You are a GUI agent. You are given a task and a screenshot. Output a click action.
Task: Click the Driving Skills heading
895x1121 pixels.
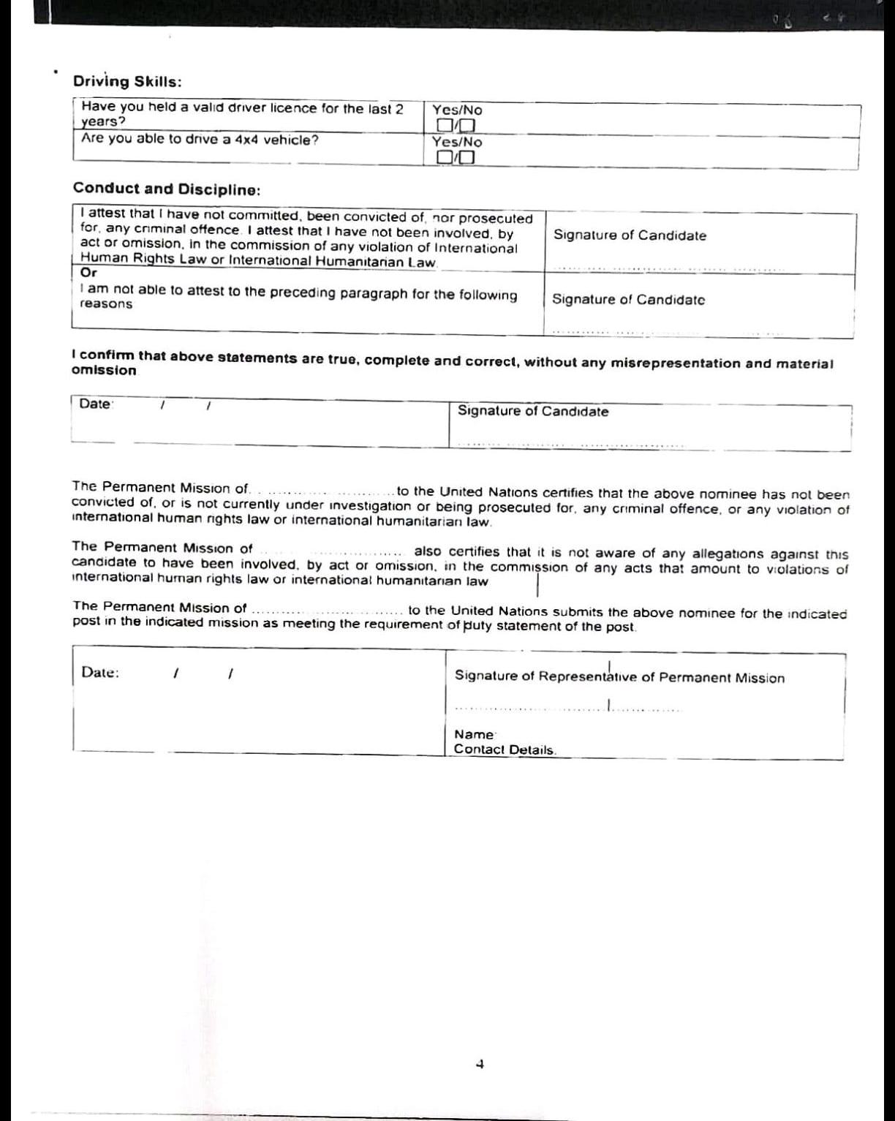click(128, 82)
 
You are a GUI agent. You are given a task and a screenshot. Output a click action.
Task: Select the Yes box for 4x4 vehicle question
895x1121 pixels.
click(444, 157)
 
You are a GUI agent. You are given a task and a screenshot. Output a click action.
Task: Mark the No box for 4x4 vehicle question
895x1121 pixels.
click(469, 157)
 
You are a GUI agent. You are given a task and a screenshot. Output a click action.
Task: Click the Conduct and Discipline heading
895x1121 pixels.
click(167, 189)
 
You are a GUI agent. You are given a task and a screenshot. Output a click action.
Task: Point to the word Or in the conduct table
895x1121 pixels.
click(88, 273)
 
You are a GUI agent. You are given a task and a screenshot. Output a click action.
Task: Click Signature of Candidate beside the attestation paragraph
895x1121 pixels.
click(630, 235)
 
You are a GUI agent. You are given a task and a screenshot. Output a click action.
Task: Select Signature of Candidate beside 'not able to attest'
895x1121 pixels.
click(628, 299)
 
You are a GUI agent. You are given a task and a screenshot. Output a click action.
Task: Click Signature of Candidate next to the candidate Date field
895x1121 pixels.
click(533, 411)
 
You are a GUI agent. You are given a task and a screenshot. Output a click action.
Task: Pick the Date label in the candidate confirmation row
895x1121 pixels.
click(95, 404)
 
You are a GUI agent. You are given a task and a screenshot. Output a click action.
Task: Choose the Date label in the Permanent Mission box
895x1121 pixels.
click(100, 673)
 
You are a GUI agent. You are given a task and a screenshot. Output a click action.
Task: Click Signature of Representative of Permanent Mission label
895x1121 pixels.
click(619, 677)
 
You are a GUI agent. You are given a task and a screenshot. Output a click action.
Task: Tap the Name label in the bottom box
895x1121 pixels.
click(474, 734)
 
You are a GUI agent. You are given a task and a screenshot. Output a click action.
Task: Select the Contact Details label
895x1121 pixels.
click(505, 750)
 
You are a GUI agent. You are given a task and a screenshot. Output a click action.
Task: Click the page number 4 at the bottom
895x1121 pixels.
click(480, 1065)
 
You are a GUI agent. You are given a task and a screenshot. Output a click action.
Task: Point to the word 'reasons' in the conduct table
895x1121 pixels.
click(106, 304)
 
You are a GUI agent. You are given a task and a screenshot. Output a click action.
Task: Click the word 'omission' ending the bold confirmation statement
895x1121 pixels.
click(104, 371)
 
